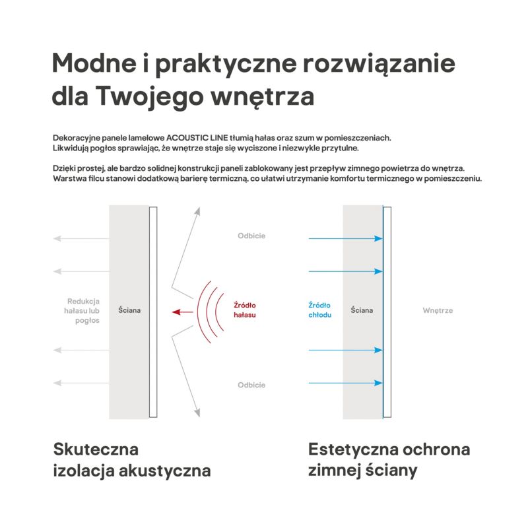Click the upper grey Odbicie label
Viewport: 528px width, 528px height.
[x=251, y=236]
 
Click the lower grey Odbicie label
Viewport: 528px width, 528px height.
[x=251, y=385]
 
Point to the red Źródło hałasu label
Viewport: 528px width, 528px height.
[x=245, y=310]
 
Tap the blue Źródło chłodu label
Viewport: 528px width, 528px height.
[x=319, y=310]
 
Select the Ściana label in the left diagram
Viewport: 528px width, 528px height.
[x=129, y=310]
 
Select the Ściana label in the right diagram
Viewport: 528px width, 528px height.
[x=362, y=310]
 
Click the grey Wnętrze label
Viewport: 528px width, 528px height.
[x=438, y=310]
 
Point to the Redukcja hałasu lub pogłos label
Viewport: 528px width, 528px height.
[x=83, y=310]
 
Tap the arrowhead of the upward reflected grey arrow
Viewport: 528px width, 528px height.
[x=196, y=212]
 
